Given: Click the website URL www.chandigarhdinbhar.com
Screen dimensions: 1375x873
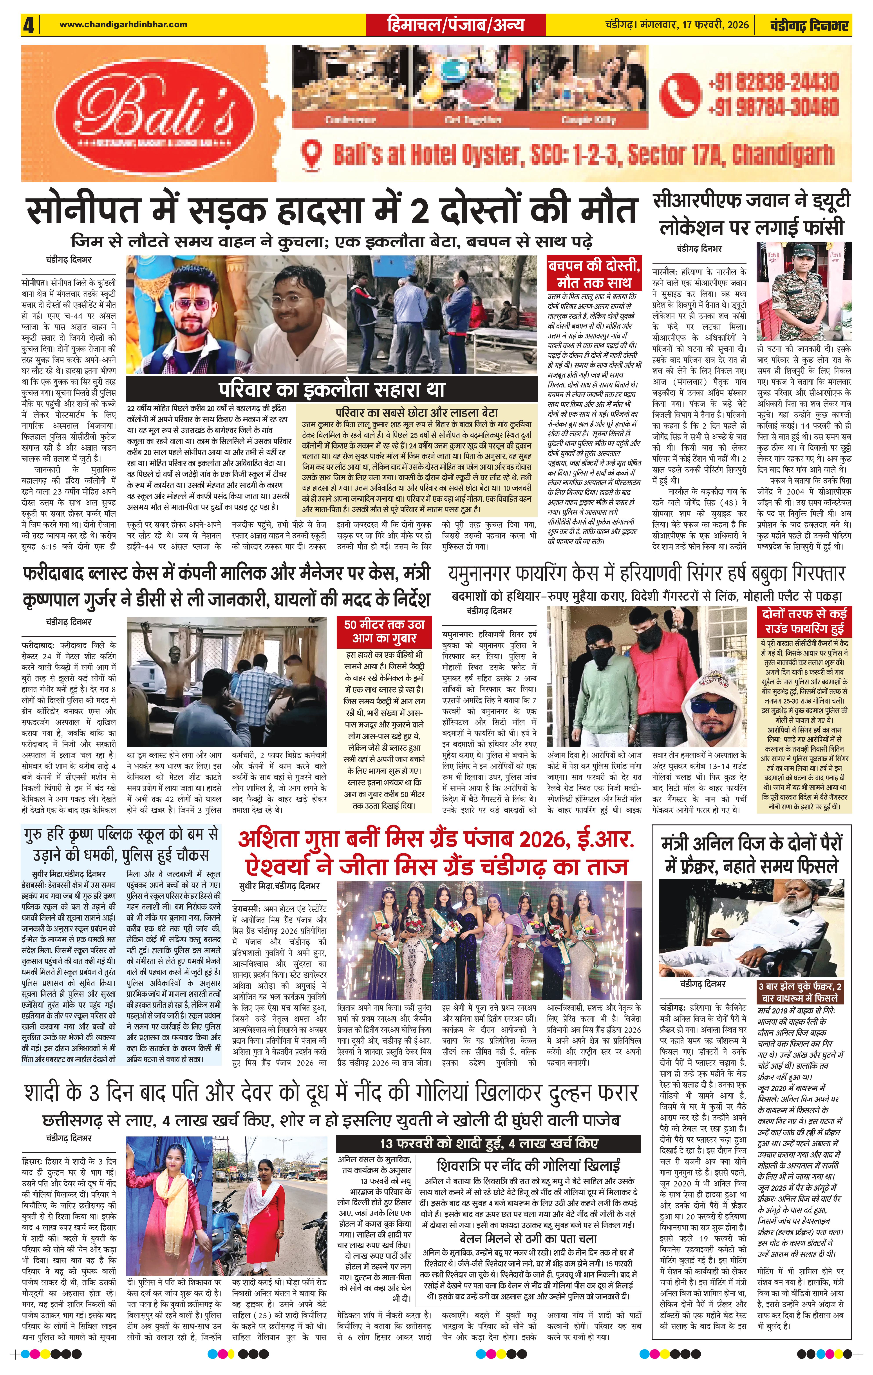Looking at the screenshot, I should tap(123, 24).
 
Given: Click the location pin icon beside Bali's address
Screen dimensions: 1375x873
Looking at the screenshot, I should tap(313, 154).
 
